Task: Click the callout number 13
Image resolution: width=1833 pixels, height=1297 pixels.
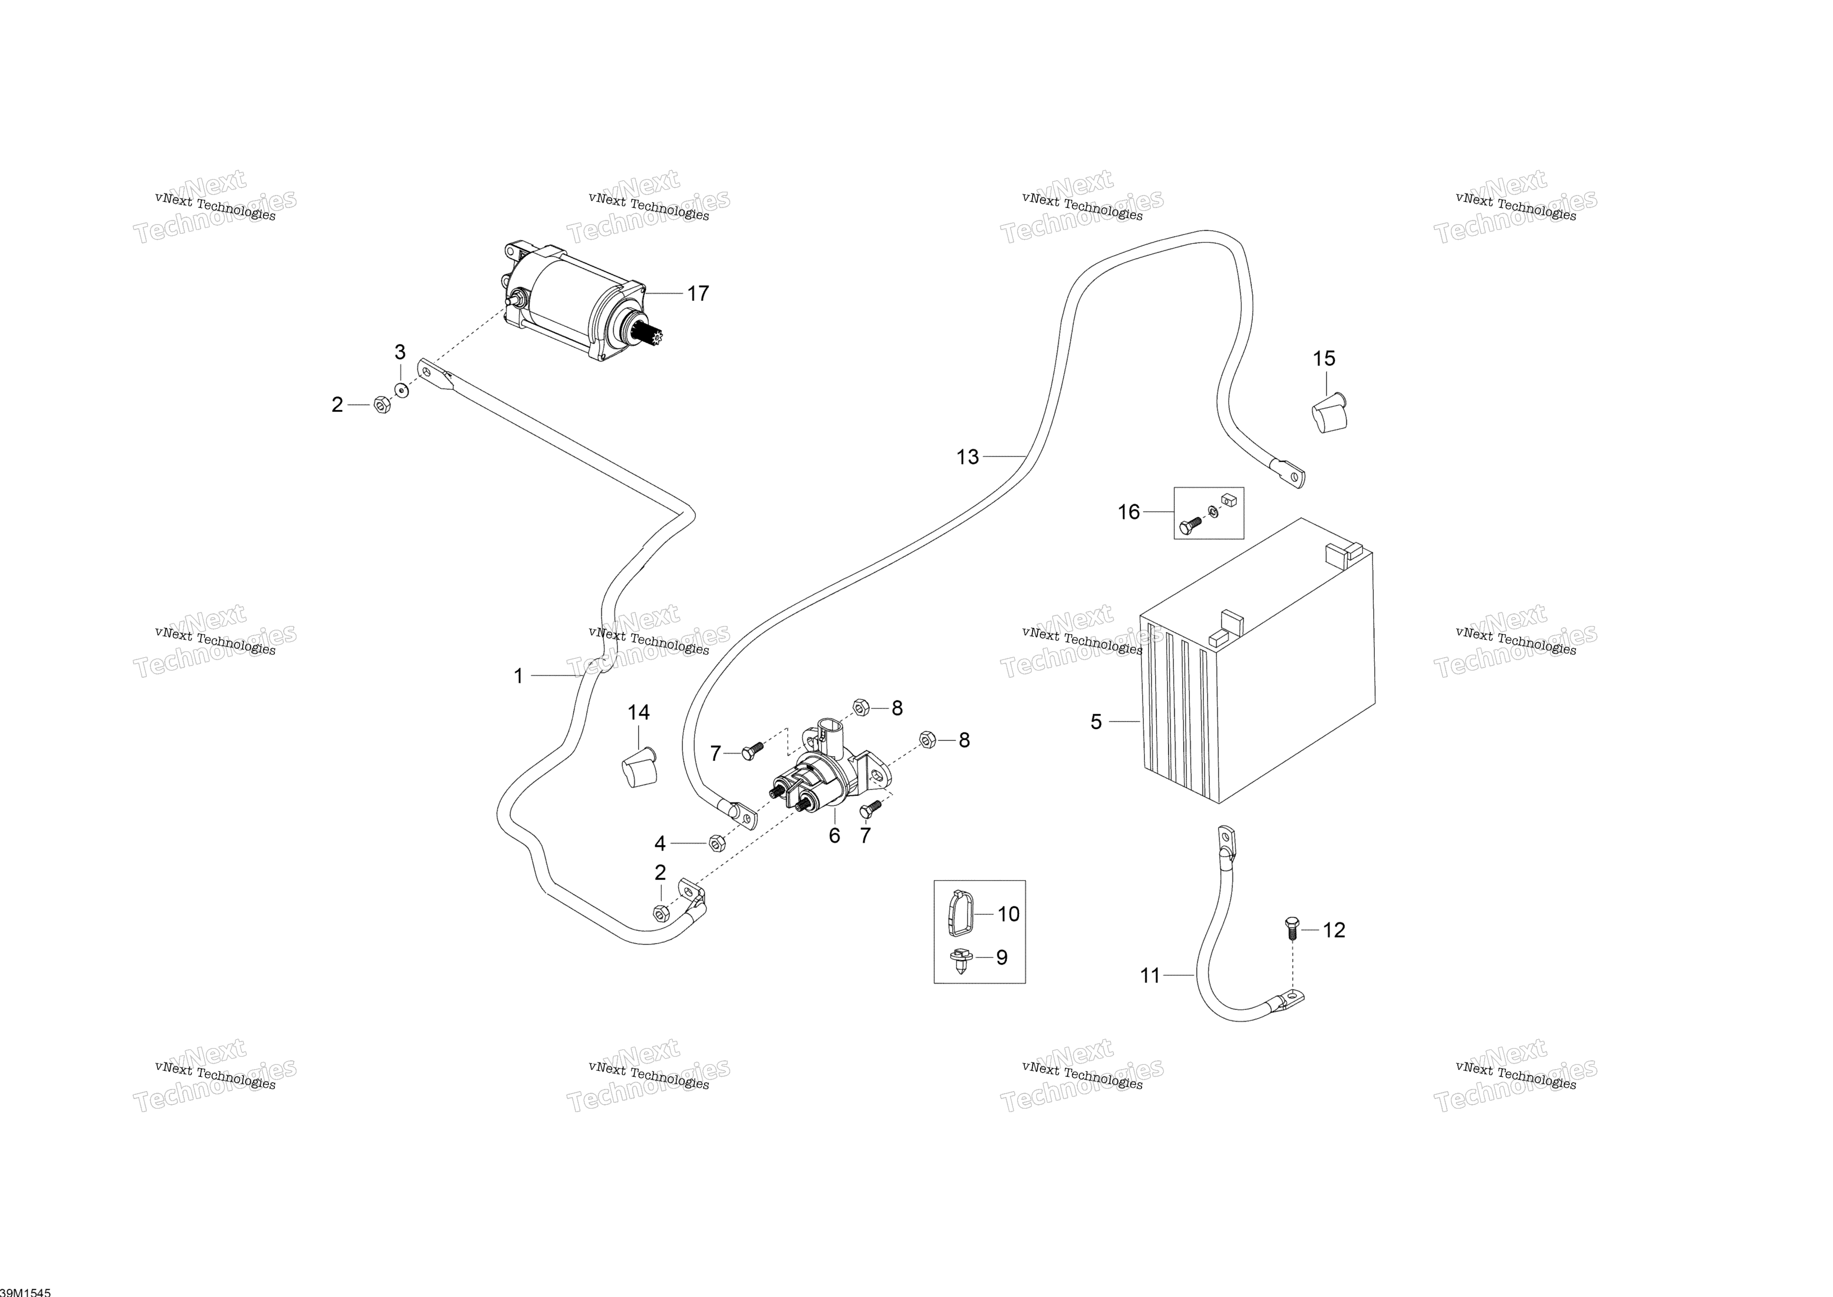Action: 968,457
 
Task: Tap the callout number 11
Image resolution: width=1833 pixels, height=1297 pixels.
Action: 1150,975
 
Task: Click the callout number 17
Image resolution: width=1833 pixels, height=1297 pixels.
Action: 698,294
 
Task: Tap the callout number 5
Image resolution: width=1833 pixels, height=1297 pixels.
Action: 1096,722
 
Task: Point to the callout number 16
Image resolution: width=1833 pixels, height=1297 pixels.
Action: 1128,512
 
